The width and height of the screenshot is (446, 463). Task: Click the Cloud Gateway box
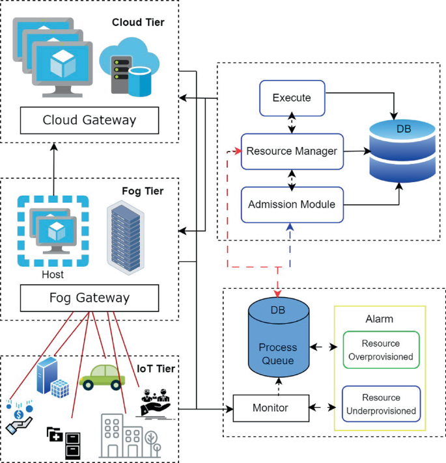click(89, 120)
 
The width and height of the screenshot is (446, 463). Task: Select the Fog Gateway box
click(89, 298)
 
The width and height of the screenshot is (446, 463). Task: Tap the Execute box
click(291, 98)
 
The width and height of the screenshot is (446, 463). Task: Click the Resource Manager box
click(291, 152)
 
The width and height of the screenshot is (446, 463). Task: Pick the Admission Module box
click(291, 204)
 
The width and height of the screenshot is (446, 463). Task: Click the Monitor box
click(270, 408)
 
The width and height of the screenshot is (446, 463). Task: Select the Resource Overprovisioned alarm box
click(381, 350)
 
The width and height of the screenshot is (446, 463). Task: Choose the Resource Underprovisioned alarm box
click(381, 404)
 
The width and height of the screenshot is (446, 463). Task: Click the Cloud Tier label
click(138, 23)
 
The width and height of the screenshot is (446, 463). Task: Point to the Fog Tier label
click(143, 192)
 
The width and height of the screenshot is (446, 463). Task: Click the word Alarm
click(380, 319)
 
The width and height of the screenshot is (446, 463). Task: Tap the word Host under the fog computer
click(53, 274)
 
